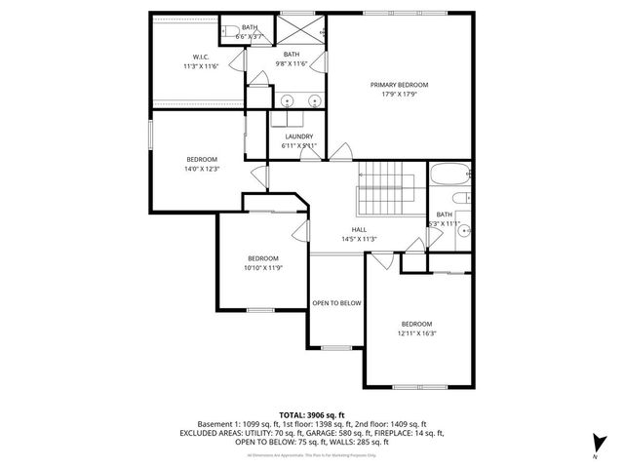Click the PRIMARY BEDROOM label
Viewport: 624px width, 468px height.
point(399,85)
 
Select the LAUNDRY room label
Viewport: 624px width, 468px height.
point(298,136)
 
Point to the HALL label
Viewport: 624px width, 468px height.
point(359,229)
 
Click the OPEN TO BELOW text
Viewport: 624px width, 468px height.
point(336,303)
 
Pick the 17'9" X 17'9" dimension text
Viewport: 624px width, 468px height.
point(399,95)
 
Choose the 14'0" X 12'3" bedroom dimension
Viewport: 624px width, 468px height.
point(202,169)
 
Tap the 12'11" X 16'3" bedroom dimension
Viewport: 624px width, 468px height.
point(416,333)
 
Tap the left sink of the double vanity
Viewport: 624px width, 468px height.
point(289,100)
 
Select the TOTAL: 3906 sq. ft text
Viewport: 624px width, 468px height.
point(311,414)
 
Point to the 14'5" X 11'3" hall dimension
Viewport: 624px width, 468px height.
point(359,239)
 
